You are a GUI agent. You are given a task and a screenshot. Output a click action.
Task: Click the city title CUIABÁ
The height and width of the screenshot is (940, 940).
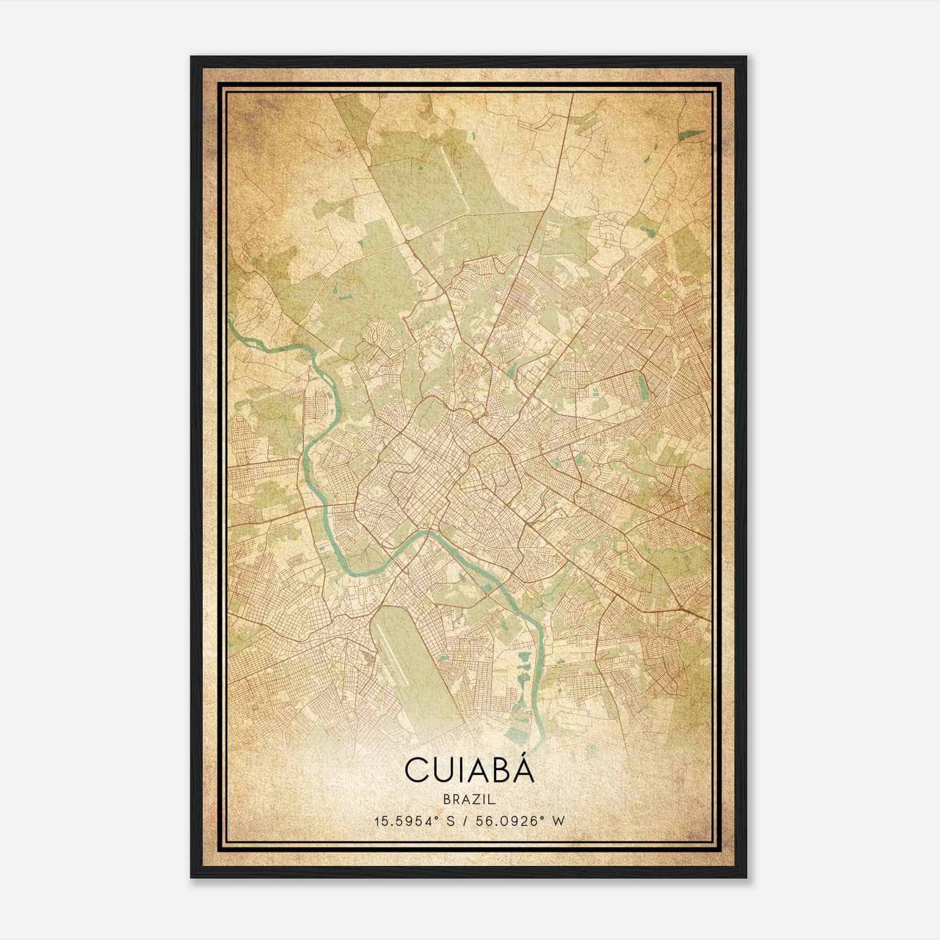pos(469,771)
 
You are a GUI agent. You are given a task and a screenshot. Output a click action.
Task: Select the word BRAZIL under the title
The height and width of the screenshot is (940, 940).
pos(469,800)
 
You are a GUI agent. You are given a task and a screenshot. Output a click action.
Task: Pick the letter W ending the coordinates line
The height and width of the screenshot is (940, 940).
pos(559,821)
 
